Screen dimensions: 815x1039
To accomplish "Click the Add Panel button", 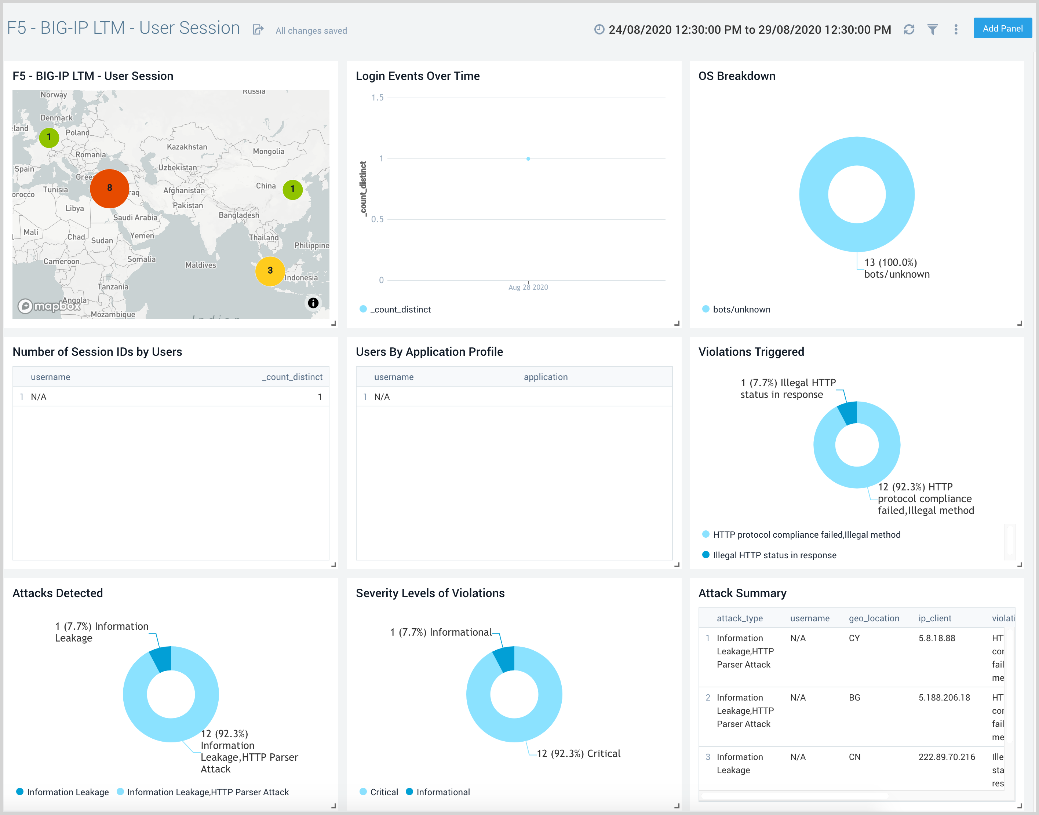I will (x=1002, y=29).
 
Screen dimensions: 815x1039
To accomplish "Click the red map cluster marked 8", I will (x=109, y=188).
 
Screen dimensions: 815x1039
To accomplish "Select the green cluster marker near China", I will (x=292, y=189).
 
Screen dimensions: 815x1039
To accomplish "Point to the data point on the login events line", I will (x=528, y=159).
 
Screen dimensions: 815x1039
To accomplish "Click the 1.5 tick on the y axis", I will (x=377, y=98).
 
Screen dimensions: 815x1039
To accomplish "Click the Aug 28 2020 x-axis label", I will (x=528, y=287).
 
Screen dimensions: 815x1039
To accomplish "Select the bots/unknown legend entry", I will (x=741, y=309).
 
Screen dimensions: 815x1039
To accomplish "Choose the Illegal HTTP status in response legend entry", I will (x=774, y=555).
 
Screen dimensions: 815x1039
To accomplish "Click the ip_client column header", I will (x=934, y=618).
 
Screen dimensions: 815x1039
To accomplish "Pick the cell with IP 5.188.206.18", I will (x=944, y=698).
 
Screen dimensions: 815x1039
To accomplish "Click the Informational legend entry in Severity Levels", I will (x=442, y=792).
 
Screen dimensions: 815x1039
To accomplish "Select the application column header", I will (x=546, y=377).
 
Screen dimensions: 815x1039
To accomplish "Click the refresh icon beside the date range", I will (x=909, y=30).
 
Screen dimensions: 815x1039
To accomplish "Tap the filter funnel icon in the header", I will (x=932, y=30).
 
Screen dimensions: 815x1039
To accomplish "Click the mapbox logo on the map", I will (x=50, y=306).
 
